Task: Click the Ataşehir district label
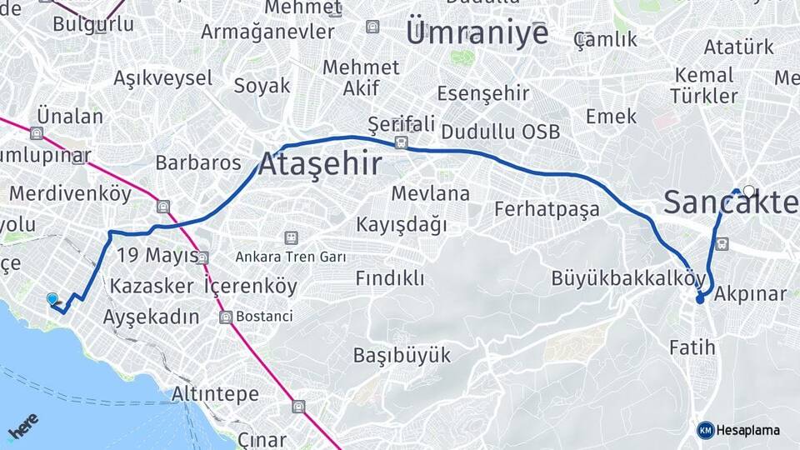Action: [320, 164]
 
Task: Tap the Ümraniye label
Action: [477, 34]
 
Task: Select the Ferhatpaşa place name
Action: [547, 208]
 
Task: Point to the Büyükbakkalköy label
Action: [628, 278]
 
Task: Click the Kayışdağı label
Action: [401, 224]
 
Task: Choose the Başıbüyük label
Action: [402, 355]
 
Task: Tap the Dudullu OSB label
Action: [500, 132]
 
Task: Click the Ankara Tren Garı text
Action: [290, 257]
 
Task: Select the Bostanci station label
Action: [264, 317]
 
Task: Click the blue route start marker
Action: [52, 299]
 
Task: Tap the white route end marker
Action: [748, 191]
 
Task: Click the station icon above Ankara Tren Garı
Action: [290, 238]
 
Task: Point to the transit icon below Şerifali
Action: [402, 142]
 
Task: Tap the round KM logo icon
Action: [706, 430]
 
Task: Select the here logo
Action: [23, 427]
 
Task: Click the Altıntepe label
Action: [215, 393]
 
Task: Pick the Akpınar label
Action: [750, 294]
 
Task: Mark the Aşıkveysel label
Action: [162, 78]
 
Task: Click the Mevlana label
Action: [430, 193]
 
